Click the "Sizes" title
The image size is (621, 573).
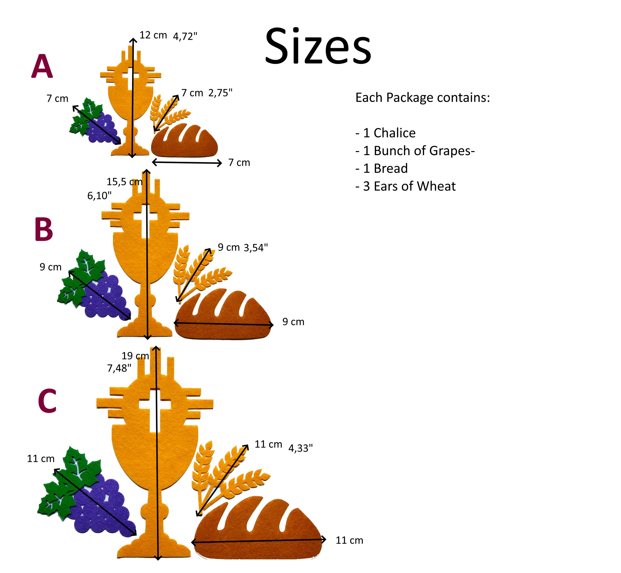[318, 47]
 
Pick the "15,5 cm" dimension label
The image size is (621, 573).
[125, 182]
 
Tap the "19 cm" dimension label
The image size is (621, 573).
[135, 356]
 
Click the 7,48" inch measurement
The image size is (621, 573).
[119, 368]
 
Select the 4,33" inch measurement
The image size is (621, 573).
[301, 448]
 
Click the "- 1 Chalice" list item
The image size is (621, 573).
[385, 133]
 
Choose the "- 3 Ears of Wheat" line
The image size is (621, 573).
[405, 186]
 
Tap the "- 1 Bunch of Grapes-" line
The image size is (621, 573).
[415, 151]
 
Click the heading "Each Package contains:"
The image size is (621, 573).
[423, 97]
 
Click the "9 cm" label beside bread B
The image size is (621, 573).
[293, 322]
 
